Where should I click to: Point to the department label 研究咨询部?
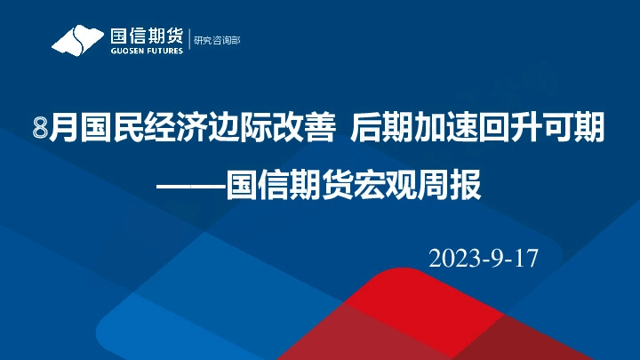coord(218,40)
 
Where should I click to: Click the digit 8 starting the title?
coord(38,131)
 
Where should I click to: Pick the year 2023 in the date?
coord(455,258)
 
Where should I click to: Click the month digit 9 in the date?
coord(495,258)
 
